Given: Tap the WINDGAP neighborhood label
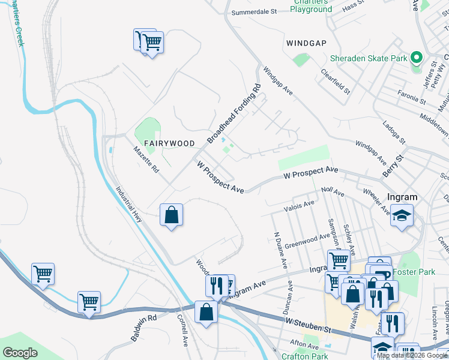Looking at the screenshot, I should [x=308, y=43].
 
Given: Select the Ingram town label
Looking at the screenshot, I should [x=402, y=197].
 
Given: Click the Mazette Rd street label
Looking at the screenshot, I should [x=146, y=160].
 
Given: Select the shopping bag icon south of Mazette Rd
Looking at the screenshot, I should [x=171, y=215].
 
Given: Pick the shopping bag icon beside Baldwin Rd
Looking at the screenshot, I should [x=206, y=312].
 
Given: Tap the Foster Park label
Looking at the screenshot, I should [x=414, y=272].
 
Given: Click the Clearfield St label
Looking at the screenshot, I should [x=335, y=81].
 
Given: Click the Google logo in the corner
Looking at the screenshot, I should [x=20, y=352].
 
